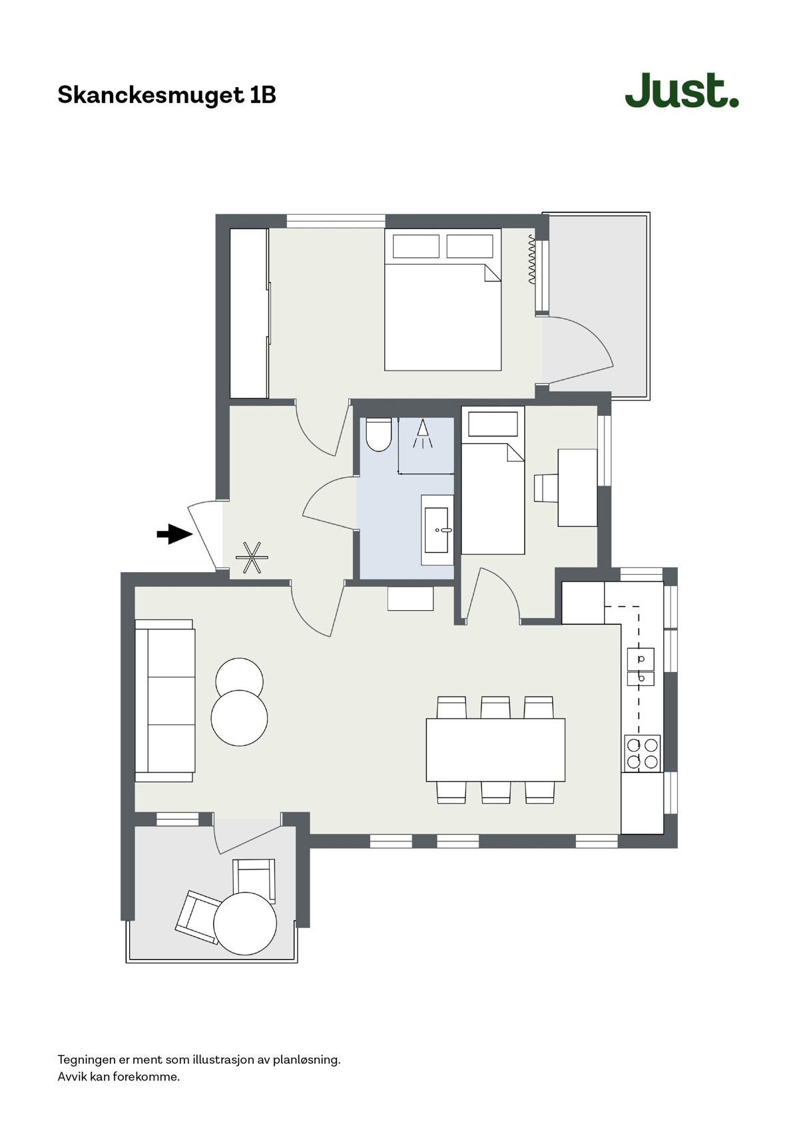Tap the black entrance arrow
click(x=174, y=534)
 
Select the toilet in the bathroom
click(x=378, y=435)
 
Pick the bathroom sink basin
click(x=438, y=530)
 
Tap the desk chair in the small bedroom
click(x=545, y=488)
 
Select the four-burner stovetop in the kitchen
click(x=642, y=753)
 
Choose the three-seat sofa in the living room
click(x=164, y=701)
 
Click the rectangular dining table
click(x=495, y=750)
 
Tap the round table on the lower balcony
click(x=245, y=923)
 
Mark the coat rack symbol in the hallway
click(x=252, y=558)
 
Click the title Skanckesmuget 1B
click(x=166, y=95)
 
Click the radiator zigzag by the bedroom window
click(x=531, y=260)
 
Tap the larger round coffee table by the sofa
click(x=239, y=719)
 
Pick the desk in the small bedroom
click(x=577, y=488)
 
